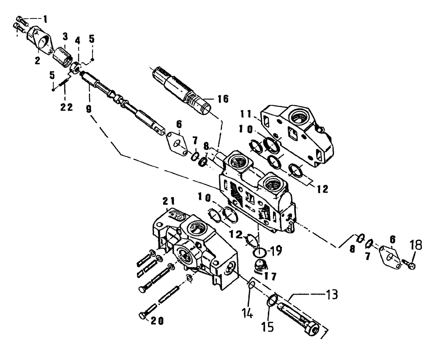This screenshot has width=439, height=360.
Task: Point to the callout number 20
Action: (157, 320)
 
